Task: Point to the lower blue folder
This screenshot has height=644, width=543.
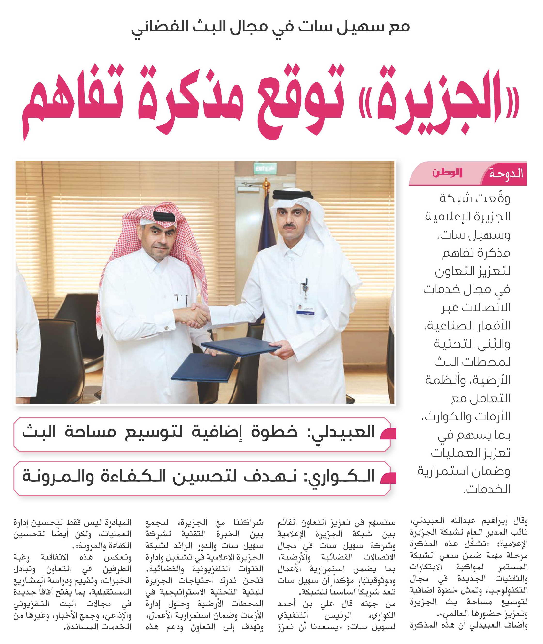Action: [203, 366]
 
